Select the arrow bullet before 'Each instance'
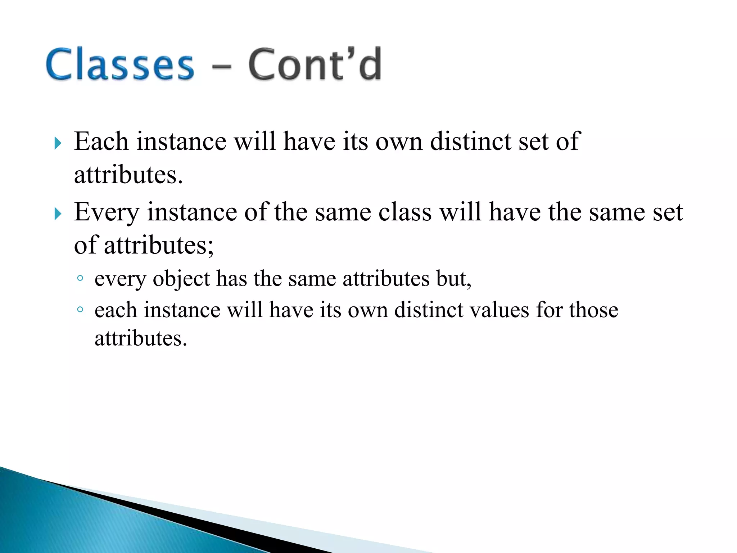click(x=58, y=143)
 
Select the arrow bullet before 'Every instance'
click(x=58, y=214)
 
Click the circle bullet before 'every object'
click(x=80, y=278)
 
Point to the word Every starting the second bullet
click(x=107, y=212)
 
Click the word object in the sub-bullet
click(x=181, y=279)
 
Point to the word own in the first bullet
click(x=399, y=142)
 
